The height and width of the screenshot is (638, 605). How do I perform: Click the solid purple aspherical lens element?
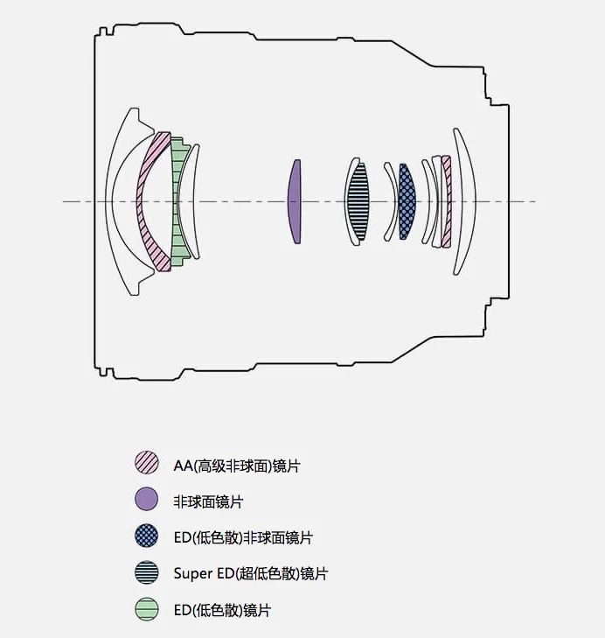pyautogui.click(x=295, y=202)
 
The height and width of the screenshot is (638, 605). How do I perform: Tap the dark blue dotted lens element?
pyautogui.click(x=407, y=202)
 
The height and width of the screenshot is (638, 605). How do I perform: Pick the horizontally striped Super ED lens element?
pyautogui.click(x=358, y=202)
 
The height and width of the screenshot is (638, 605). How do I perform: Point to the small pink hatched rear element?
pyautogui.click(x=448, y=202)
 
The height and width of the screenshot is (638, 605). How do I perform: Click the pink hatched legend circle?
pyautogui.click(x=146, y=463)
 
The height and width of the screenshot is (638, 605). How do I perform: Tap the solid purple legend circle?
pyautogui.click(x=146, y=499)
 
